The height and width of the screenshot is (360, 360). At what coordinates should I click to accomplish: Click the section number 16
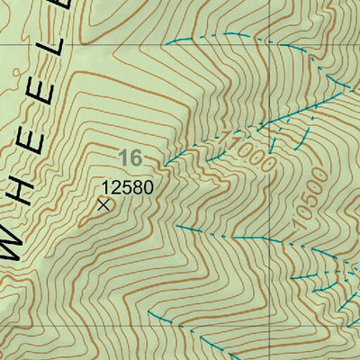(x=130, y=158)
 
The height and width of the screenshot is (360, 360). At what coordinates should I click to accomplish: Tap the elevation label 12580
(x=127, y=188)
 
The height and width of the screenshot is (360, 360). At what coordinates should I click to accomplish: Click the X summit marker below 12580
(x=103, y=205)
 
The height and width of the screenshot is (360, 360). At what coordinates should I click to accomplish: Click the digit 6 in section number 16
(x=136, y=158)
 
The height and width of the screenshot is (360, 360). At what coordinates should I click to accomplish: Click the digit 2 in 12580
(x=116, y=188)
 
